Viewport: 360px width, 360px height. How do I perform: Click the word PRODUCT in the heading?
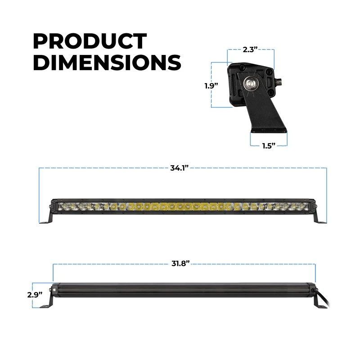(90, 41)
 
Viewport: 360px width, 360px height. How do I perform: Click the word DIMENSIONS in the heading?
(107, 63)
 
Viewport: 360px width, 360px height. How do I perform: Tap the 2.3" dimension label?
(251, 50)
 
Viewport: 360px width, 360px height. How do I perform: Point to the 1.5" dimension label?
(269, 146)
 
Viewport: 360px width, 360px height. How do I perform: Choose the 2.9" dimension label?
(35, 294)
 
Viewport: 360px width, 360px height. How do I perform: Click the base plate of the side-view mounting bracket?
(268, 131)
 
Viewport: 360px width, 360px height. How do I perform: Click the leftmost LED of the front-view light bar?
(62, 207)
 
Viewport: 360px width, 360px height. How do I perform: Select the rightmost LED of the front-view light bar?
(306, 207)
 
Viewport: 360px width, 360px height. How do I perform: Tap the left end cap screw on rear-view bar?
(54, 291)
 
